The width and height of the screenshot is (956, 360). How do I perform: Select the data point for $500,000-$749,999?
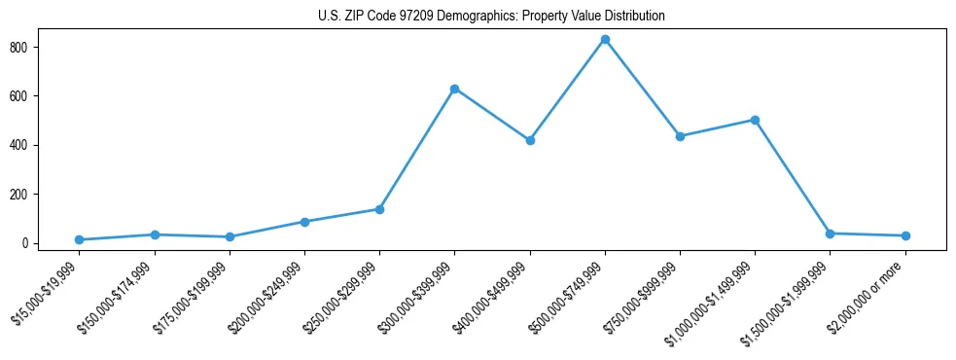605,40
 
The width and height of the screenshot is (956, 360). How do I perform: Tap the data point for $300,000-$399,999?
454,89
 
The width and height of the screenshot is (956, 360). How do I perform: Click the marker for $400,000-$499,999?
530,140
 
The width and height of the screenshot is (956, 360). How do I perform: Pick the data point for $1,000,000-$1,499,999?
755,120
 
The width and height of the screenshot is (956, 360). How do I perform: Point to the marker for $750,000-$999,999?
680,136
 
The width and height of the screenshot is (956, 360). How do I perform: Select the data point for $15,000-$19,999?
79,239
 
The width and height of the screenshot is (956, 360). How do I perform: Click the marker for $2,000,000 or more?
905,235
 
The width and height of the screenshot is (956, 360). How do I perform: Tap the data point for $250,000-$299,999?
379,209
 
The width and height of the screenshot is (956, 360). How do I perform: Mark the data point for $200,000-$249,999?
304,222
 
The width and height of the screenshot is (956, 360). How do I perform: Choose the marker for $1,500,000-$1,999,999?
830,234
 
